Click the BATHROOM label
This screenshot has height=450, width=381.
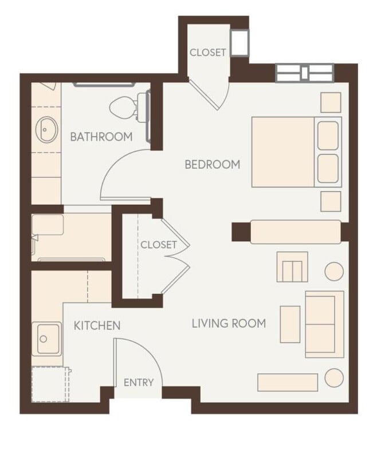(x=101, y=137)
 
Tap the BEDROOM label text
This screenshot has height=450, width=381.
(x=212, y=165)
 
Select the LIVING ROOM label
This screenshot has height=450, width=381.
(x=229, y=324)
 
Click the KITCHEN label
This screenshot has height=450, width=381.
(x=97, y=325)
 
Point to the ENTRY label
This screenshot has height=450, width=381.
(x=139, y=383)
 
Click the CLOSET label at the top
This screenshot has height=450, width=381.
(x=208, y=52)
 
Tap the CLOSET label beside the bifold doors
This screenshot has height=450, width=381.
(x=159, y=245)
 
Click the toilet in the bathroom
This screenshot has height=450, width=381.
(x=125, y=107)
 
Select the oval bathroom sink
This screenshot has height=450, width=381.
(x=46, y=129)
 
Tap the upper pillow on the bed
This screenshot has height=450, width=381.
(x=328, y=136)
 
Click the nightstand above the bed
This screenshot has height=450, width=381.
(x=331, y=102)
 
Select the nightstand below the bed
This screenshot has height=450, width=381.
(x=331, y=201)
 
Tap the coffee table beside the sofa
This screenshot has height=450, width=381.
(x=290, y=324)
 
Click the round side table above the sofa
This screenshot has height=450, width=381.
(x=334, y=271)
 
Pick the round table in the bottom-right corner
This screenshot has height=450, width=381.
(x=334, y=378)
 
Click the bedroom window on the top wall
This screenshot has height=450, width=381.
(x=304, y=73)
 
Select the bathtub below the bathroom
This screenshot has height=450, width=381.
(x=70, y=237)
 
